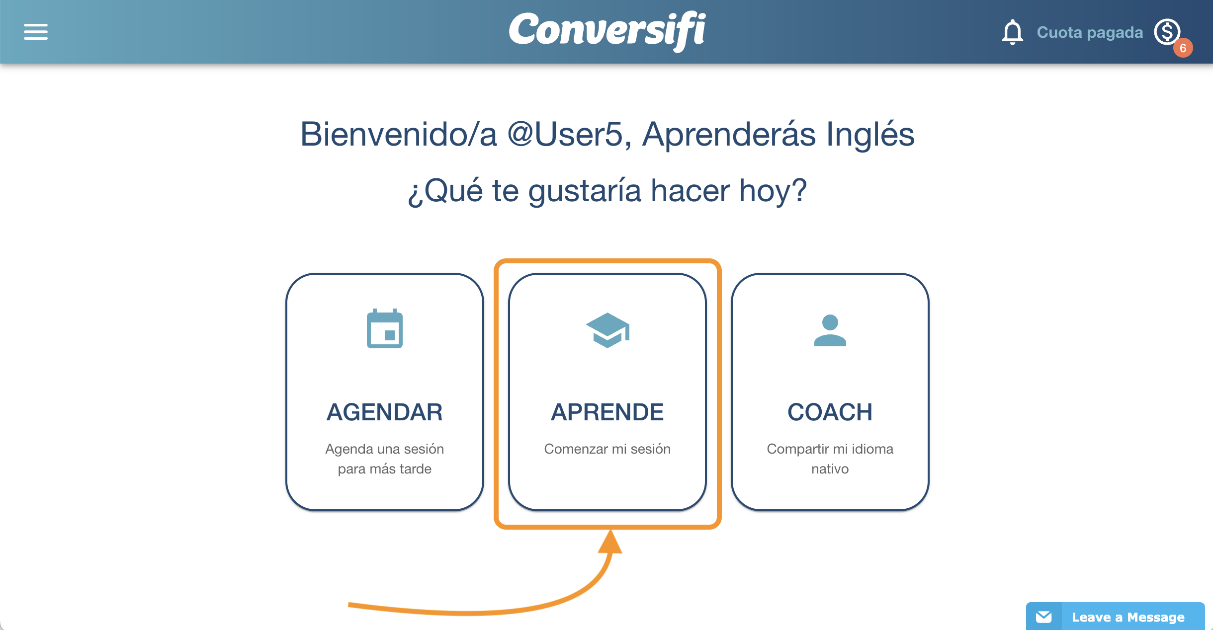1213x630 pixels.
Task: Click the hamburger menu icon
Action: tap(36, 32)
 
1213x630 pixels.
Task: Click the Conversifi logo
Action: tap(607, 31)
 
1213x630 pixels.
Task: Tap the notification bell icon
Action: tap(1012, 32)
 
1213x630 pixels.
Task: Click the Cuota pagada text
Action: tap(1090, 32)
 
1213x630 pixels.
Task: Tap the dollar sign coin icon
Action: tap(1167, 32)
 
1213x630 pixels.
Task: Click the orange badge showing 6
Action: tap(1183, 48)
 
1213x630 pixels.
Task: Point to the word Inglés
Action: tap(870, 135)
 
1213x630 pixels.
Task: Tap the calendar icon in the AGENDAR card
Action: tap(385, 328)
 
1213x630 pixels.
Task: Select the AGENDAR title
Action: tap(385, 412)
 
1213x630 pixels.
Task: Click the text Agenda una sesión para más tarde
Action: tap(385, 459)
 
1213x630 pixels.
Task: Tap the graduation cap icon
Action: tap(607, 330)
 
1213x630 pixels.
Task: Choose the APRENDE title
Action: tap(607, 412)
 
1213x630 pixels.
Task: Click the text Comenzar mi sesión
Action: tap(607, 449)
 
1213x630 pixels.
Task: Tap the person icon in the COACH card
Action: tap(830, 330)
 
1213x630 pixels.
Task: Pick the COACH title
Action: tap(830, 412)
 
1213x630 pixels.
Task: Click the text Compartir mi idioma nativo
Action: tap(830, 459)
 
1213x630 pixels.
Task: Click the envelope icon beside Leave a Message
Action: tap(1044, 617)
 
